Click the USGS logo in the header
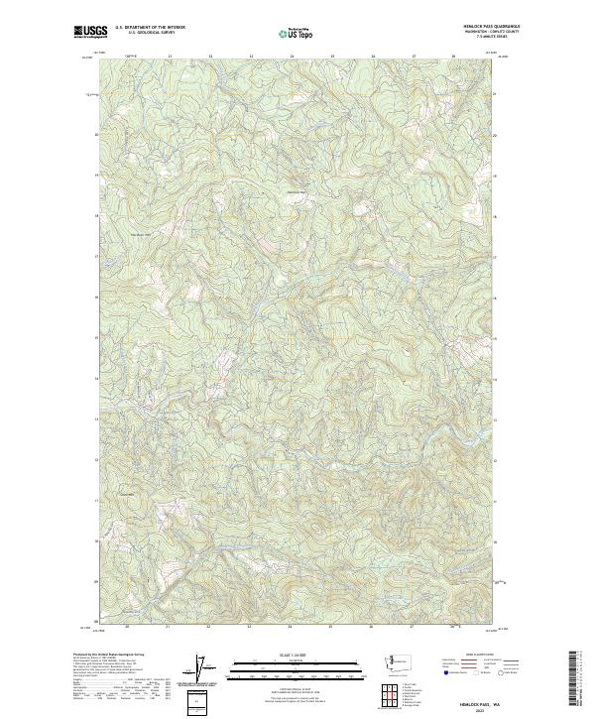(90, 32)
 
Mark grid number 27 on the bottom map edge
(413, 628)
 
